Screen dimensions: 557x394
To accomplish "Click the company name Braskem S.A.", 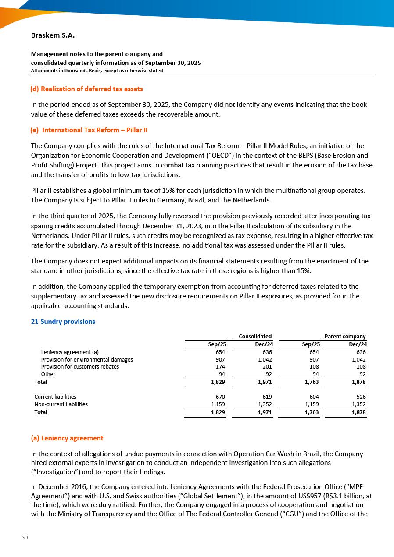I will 50,35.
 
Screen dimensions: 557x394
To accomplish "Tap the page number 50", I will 25,538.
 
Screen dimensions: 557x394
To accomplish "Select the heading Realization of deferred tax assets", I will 86,89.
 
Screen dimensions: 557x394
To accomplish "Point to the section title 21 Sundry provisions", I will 63,322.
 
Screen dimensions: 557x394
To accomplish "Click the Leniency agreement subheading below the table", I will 67,438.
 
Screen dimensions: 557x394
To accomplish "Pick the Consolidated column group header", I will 255,337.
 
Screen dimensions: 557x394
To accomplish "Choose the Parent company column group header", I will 345,337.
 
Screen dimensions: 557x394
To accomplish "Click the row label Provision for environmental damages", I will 87,359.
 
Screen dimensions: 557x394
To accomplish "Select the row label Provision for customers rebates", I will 80,367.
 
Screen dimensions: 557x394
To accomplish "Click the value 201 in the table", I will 267,367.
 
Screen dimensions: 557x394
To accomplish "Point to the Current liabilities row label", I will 55,397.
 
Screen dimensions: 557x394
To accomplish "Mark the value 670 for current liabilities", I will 221,397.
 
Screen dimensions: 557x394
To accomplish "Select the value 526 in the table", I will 361,397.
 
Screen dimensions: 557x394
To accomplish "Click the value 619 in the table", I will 267,397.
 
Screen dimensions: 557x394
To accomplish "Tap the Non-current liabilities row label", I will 61,404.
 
